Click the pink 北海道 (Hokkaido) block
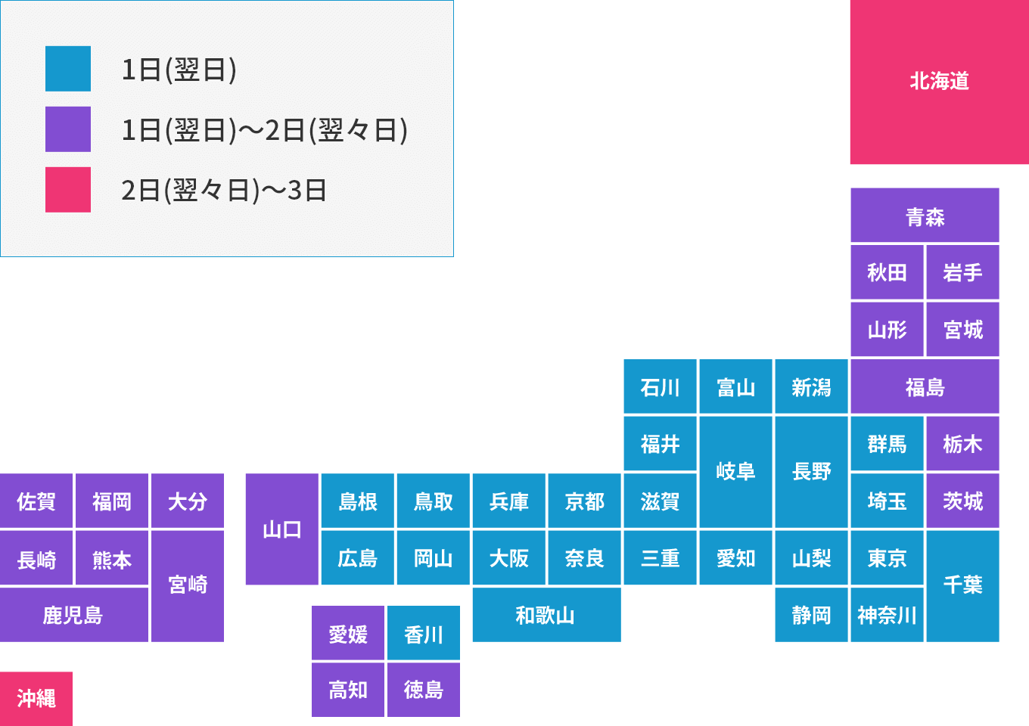point(939,82)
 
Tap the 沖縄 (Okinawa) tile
point(36,698)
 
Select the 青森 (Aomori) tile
point(925,216)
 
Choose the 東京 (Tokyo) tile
point(887,558)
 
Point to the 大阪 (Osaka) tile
point(508,558)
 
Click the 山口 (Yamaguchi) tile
point(281,529)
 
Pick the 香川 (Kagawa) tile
point(424,634)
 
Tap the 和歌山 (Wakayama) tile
point(546,615)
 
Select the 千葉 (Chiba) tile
point(962,585)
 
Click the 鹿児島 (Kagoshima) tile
point(73,615)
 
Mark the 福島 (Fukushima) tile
point(925,387)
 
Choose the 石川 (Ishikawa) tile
point(660,387)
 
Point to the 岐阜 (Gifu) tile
point(735,471)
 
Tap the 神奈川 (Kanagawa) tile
point(887,615)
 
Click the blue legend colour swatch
point(68,69)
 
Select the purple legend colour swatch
point(68,129)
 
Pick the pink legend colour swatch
point(68,190)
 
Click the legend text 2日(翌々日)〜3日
point(224,190)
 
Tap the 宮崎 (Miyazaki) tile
point(188,585)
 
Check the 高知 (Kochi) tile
point(348,690)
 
